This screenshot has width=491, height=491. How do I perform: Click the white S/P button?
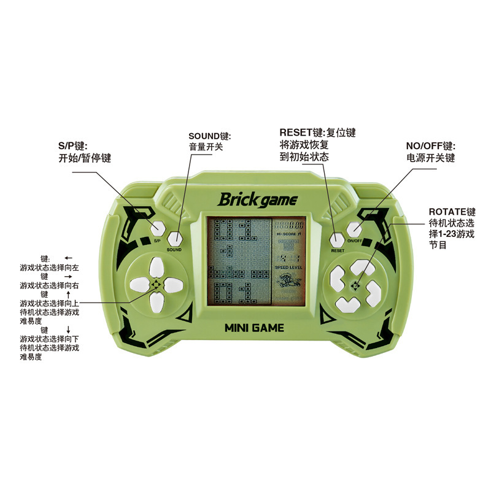click(x=158, y=228)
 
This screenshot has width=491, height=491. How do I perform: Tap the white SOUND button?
click(x=176, y=239)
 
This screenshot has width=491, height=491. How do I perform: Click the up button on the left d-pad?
click(x=156, y=267)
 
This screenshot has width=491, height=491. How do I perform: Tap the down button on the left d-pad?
click(x=156, y=300)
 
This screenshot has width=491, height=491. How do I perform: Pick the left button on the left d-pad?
click(x=139, y=284)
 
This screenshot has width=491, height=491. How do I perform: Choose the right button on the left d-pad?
click(x=174, y=284)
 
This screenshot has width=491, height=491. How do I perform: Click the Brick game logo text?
click(x=257, y=199)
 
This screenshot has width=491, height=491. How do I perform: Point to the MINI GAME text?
click(x=254, y=328)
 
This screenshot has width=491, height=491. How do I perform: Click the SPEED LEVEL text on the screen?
click(x=289, y=268)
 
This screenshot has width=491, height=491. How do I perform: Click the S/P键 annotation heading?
click(x=73, y=146)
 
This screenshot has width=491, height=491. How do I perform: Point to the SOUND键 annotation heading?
click(x=210, y=136)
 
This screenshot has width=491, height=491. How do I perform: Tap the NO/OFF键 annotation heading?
click(x=430, y=146)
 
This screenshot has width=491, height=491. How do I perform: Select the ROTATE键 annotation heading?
click(x=452, y=211)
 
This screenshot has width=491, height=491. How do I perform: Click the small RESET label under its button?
click(x=338, y=251)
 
